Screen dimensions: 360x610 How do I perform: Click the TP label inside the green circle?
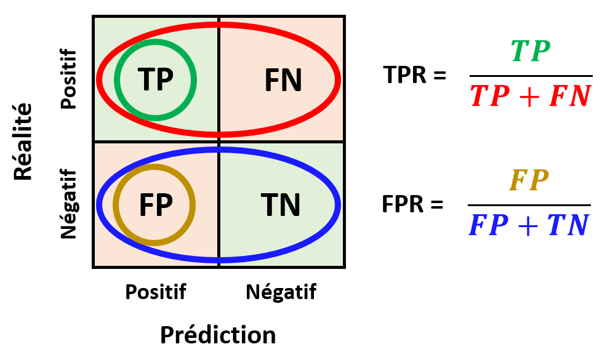coord(155,79)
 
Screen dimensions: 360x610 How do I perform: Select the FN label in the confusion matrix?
coord(283,80)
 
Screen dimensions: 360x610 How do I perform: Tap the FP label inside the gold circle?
coord(155,205)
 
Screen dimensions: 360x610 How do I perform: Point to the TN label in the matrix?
coord(281,205)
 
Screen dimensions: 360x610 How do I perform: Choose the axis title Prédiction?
coord(218,335)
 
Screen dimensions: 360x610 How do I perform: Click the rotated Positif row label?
coord(70,79)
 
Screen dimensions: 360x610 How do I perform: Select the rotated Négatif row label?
coord(70,204)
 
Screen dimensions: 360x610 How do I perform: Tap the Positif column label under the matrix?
coord(155,292)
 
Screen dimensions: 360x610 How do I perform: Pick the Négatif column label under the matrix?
coord(281,292)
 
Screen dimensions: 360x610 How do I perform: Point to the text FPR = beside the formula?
coord(412,204)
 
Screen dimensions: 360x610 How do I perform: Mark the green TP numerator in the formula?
coord(531,52)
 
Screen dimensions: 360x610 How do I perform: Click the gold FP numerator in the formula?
coord(529,181)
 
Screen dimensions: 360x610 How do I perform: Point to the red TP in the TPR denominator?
coord(490,97)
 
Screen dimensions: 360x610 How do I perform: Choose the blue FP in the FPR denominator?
coord(488,226)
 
